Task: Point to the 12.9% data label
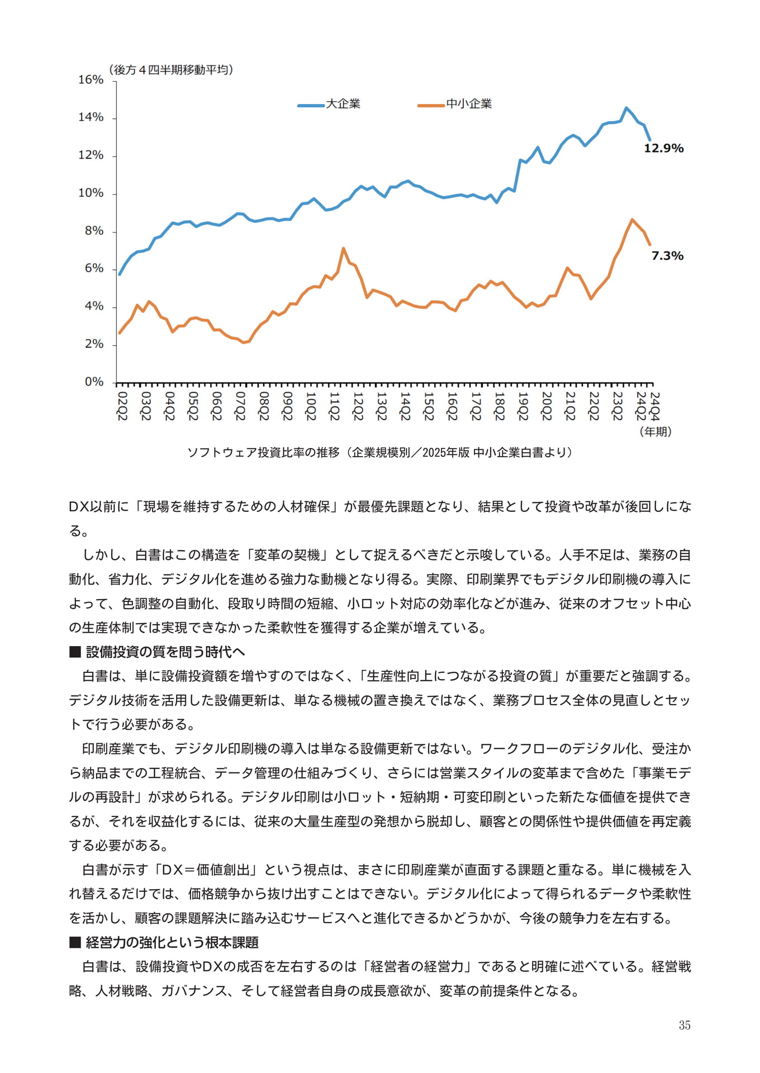click(x=663, y=148)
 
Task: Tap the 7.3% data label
click(x=667, y=255)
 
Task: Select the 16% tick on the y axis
click(x=91, y=80)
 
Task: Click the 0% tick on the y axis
click(x=94, y=382)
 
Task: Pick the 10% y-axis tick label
click(x=91, y=193)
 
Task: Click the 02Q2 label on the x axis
click(x=122, y=406)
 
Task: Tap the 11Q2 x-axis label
click(x=334, y=406)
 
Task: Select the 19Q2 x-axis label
click(x=522, y=406)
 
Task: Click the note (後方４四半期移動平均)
click(x=170, y=69)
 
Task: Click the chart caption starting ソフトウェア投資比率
click(x=380, y=452)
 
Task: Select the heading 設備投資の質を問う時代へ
click(x=157, y=652)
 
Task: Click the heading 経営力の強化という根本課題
click(x=164, y=942)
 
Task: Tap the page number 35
click(x=685, y=1025)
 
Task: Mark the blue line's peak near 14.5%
click(x=626, y=108)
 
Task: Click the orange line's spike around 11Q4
click(x=343, y=248)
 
